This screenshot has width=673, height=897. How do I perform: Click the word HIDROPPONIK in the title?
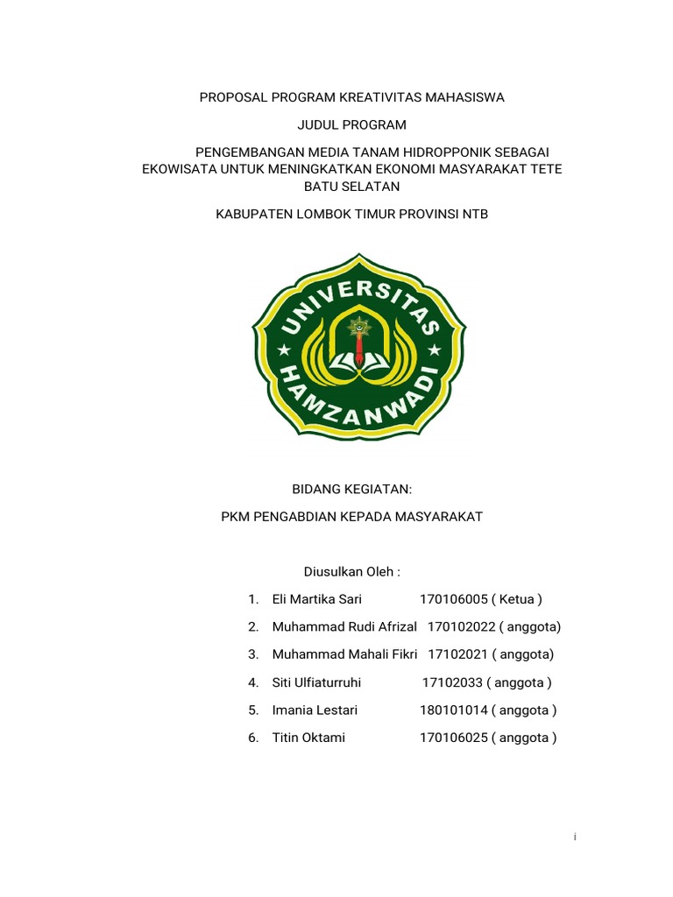[x=448, y=152]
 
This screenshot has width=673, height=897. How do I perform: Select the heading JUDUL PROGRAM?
[x=351, y=125]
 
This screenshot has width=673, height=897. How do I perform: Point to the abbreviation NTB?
[x=474, y=213]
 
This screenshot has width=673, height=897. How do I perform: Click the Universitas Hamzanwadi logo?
[x=359, y=346]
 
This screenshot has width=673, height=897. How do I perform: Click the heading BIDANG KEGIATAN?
[x=351, y=490]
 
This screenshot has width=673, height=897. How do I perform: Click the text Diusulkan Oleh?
[x=351, y=572]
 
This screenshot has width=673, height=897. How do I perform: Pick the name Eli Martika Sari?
[x=316, y=599]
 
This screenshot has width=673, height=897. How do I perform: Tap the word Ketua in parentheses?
[x=516, y=599]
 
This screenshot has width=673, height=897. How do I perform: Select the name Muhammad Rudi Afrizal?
[x=344, y=627]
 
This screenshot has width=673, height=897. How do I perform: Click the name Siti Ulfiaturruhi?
[x=316, y=682]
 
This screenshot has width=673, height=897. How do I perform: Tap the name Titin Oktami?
[x=308, y=738]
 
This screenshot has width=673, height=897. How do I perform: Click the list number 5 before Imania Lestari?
[x=252, y=710]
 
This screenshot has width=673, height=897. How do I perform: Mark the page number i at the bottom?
[x=575, y=837]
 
